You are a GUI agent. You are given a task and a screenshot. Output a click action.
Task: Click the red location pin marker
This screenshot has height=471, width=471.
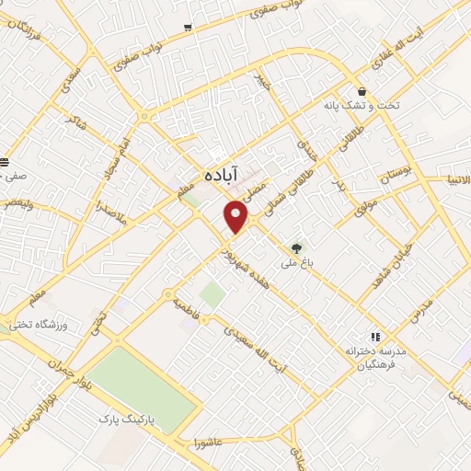click(236, 216)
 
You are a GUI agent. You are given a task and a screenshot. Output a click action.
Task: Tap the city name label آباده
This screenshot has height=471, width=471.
click(223, 174)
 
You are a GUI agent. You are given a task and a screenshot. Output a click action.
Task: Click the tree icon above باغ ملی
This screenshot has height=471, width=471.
click(296, 247)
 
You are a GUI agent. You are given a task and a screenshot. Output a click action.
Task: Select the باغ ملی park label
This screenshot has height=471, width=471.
click(296, 262)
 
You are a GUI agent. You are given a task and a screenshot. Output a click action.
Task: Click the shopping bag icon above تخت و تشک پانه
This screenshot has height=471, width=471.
click(364, 92)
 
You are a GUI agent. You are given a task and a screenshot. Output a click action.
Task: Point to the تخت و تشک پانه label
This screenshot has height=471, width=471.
click(364, 107)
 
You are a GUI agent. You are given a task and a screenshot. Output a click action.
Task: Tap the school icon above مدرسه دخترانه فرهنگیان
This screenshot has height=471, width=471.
click(374, 337)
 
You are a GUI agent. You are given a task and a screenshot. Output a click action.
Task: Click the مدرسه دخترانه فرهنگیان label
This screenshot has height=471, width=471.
click(375, 359)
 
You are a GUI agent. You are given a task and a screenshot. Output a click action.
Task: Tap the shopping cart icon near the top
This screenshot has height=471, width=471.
click(188, 28)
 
